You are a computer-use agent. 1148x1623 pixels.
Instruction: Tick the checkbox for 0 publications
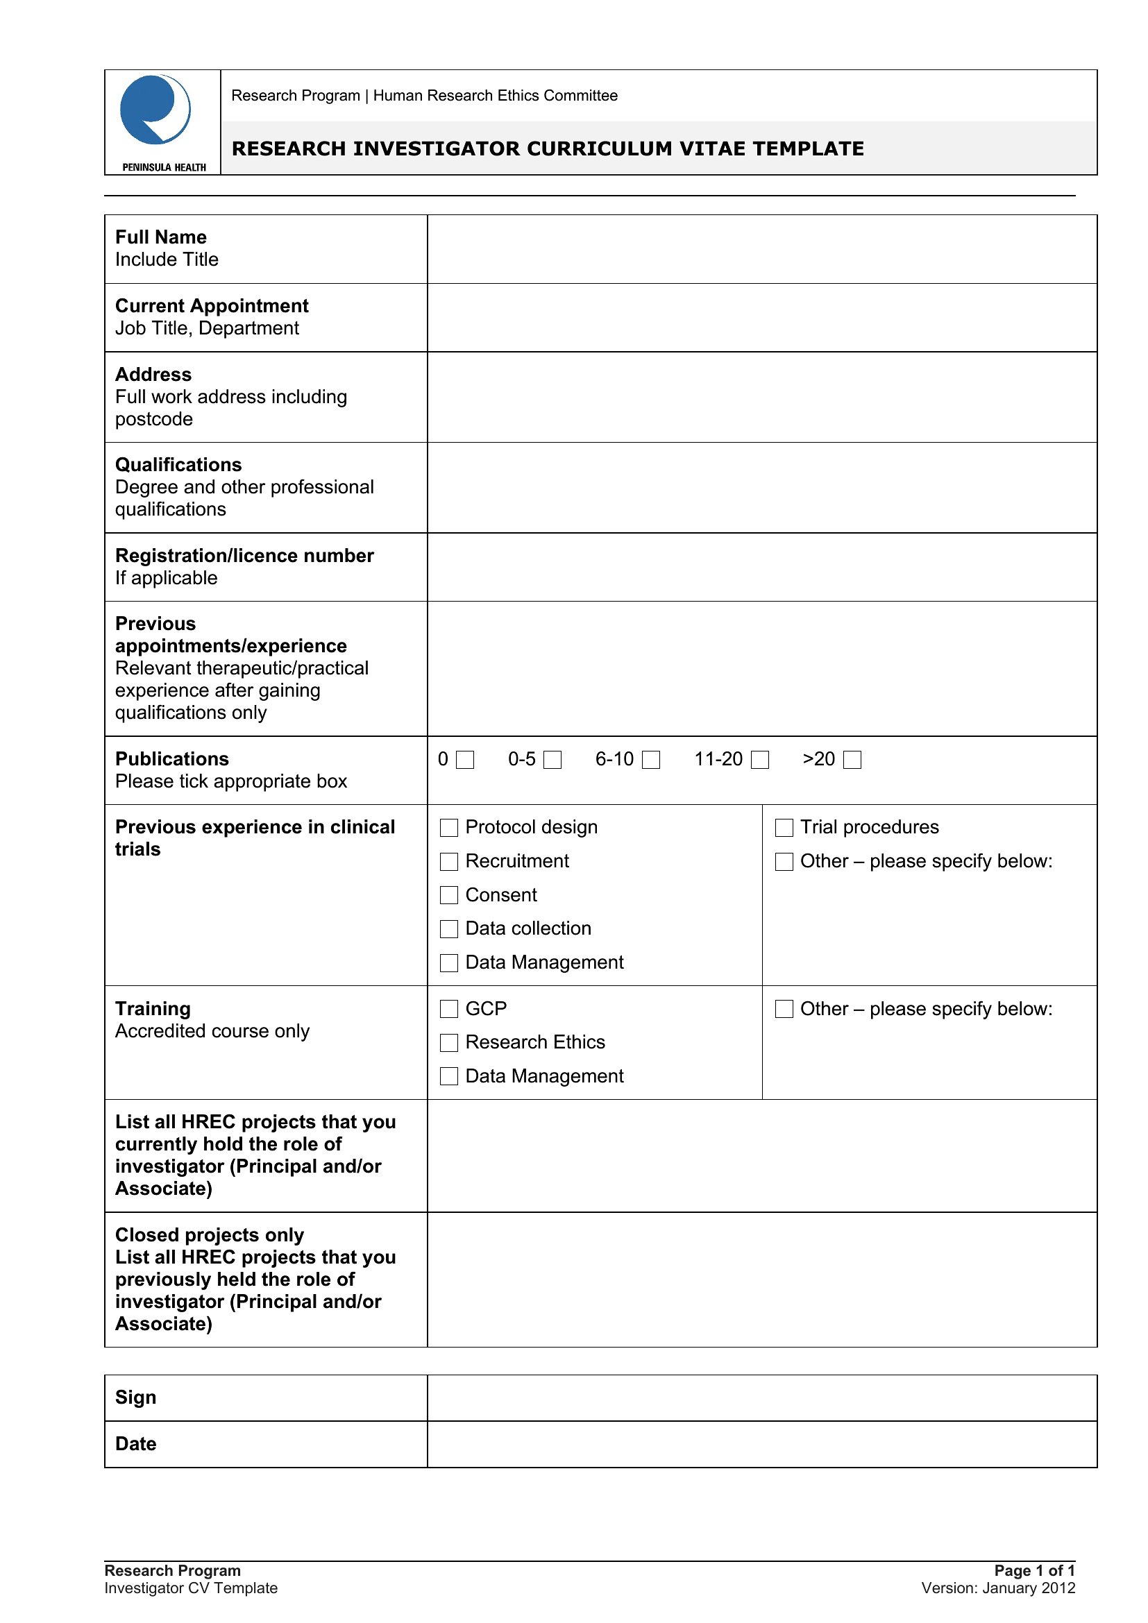[x=464, y=760]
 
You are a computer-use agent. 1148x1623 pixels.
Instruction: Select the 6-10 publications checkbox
[x=650, y=760]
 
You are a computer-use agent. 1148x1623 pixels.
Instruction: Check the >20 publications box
[x=852, y=760]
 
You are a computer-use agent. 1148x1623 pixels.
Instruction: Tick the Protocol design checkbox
[x=449, y=828]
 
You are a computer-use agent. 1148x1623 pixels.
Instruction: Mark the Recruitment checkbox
[x=449, y=862]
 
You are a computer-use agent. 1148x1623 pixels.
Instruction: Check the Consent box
[x=449, y=896]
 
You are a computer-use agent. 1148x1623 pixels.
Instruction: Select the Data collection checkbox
[x=449, y=929]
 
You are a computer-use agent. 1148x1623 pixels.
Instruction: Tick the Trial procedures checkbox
[x=784, y=828]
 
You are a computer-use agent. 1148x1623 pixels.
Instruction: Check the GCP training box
[x=449, y=1010]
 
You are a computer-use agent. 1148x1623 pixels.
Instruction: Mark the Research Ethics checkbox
[x=449, y=1043]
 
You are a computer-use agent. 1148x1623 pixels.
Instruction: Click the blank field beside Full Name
[x=761, y=249]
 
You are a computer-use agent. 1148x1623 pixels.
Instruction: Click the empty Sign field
[x=761, y=1397]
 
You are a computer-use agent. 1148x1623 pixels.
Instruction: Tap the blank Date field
[x=761, y=1443]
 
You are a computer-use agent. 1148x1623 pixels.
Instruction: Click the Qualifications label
[x=178, y=465]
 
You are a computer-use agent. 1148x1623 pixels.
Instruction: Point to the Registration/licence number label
[x=244, y=556]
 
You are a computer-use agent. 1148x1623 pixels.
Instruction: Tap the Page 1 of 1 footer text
[x=1034, y=1570]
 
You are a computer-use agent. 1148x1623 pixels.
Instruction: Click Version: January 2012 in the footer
[x=998, y=1588]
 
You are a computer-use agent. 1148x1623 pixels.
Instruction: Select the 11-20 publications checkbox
[x=759, y=760]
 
